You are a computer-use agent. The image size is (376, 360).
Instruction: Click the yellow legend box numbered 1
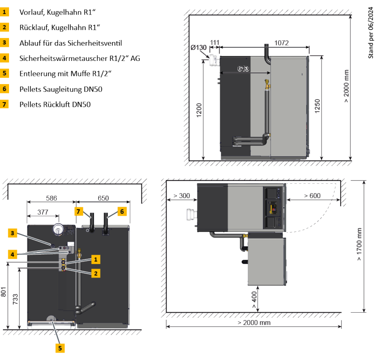coord(5,12)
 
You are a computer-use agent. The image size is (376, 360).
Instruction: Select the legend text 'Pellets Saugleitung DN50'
coord(61,89)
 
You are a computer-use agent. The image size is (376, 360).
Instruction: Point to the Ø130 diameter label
coord(199,48)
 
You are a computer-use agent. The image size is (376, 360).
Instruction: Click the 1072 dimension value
coord(281,43)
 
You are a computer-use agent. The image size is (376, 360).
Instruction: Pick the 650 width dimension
coord(103,198)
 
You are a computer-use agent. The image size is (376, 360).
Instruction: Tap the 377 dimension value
coord(43,212)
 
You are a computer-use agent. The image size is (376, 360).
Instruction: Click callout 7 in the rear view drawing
coord(78,212)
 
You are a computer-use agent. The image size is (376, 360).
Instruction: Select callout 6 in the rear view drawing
coord(122,212)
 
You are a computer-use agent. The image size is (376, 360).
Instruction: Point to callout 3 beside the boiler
coord(12,233)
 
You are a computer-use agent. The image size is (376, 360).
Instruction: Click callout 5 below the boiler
coord(59,348)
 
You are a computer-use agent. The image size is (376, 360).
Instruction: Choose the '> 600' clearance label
coord(312,196)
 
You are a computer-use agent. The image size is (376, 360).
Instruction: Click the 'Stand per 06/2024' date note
coord(371,34)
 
